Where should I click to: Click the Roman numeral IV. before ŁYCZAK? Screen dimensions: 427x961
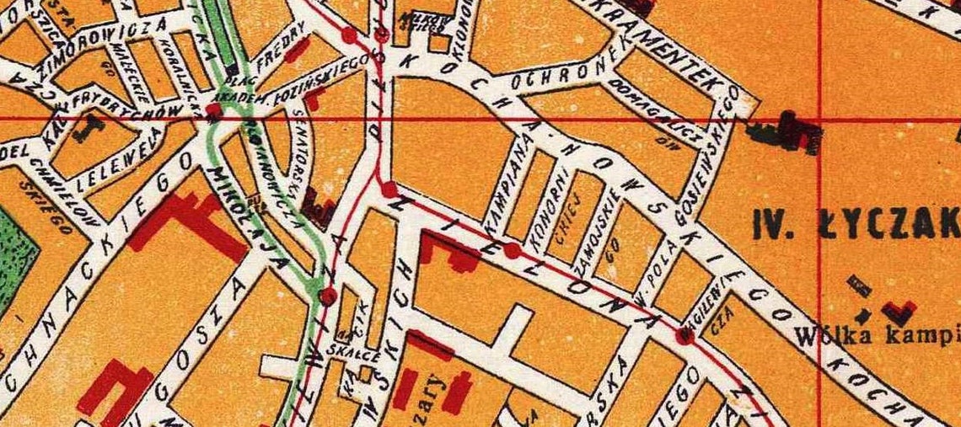tap(771, 225)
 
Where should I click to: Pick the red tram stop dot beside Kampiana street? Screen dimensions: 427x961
tap(512, 250)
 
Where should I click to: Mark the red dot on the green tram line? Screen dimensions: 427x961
tap(328, 296)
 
